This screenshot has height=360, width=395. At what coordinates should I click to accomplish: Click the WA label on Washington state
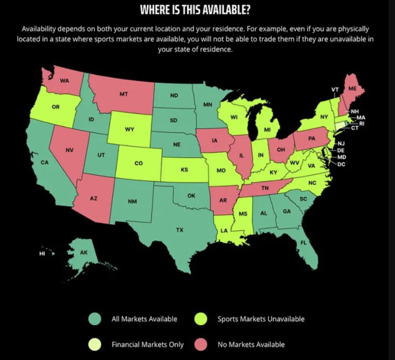point(64,81)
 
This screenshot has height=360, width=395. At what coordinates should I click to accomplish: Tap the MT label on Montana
point(123,94)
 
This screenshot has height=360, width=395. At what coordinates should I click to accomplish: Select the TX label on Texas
point(180,230)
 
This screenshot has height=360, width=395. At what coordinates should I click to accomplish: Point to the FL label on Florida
point(304,243)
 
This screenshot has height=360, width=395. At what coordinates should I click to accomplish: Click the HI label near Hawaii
point(42,254)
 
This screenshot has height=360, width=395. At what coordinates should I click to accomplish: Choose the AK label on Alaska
point(84,253)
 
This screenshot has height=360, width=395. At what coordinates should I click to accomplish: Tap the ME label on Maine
point(352,88)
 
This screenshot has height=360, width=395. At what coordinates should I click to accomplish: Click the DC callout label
point(341,164)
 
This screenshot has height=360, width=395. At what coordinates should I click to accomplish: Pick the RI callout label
point(361,123)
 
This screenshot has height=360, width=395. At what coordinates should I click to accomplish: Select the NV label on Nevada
point(69,150)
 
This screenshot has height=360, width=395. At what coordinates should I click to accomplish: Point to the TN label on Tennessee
point(265,188)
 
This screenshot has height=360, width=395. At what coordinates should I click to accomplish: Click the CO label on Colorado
point(138,163)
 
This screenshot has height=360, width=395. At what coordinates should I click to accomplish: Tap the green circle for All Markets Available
point(95,319)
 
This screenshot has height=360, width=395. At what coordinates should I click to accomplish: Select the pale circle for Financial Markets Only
point(95,345)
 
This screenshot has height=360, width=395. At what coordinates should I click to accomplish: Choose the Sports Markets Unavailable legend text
point(261,319)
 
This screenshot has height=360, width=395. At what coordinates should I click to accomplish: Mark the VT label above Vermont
point(335,90)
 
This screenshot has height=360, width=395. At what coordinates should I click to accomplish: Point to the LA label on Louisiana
point(224,230)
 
